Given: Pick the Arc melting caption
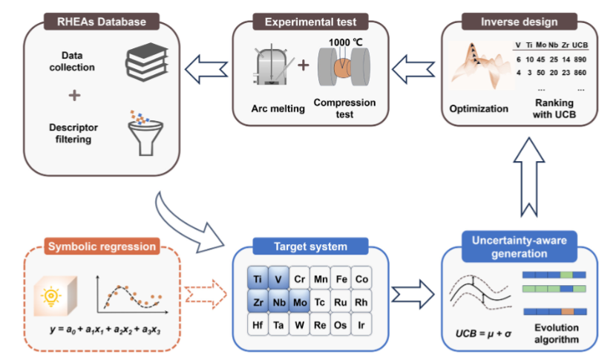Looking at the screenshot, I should coord(278,109).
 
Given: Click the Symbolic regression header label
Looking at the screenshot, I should coord(102,246).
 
